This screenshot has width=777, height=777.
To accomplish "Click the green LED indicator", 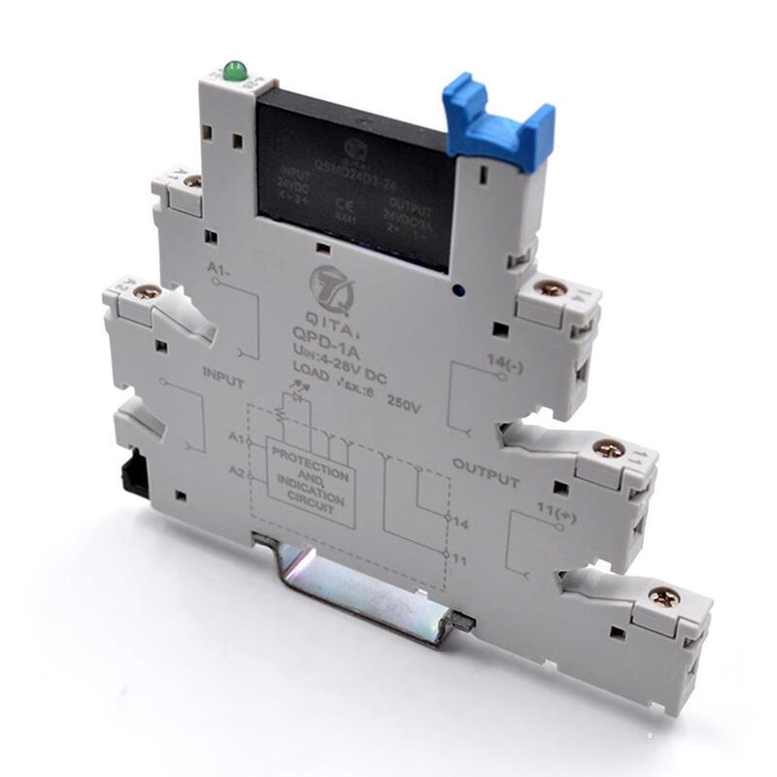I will (x=232, y=71).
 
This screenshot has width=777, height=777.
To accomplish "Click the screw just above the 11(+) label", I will (x=609, y=449).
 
